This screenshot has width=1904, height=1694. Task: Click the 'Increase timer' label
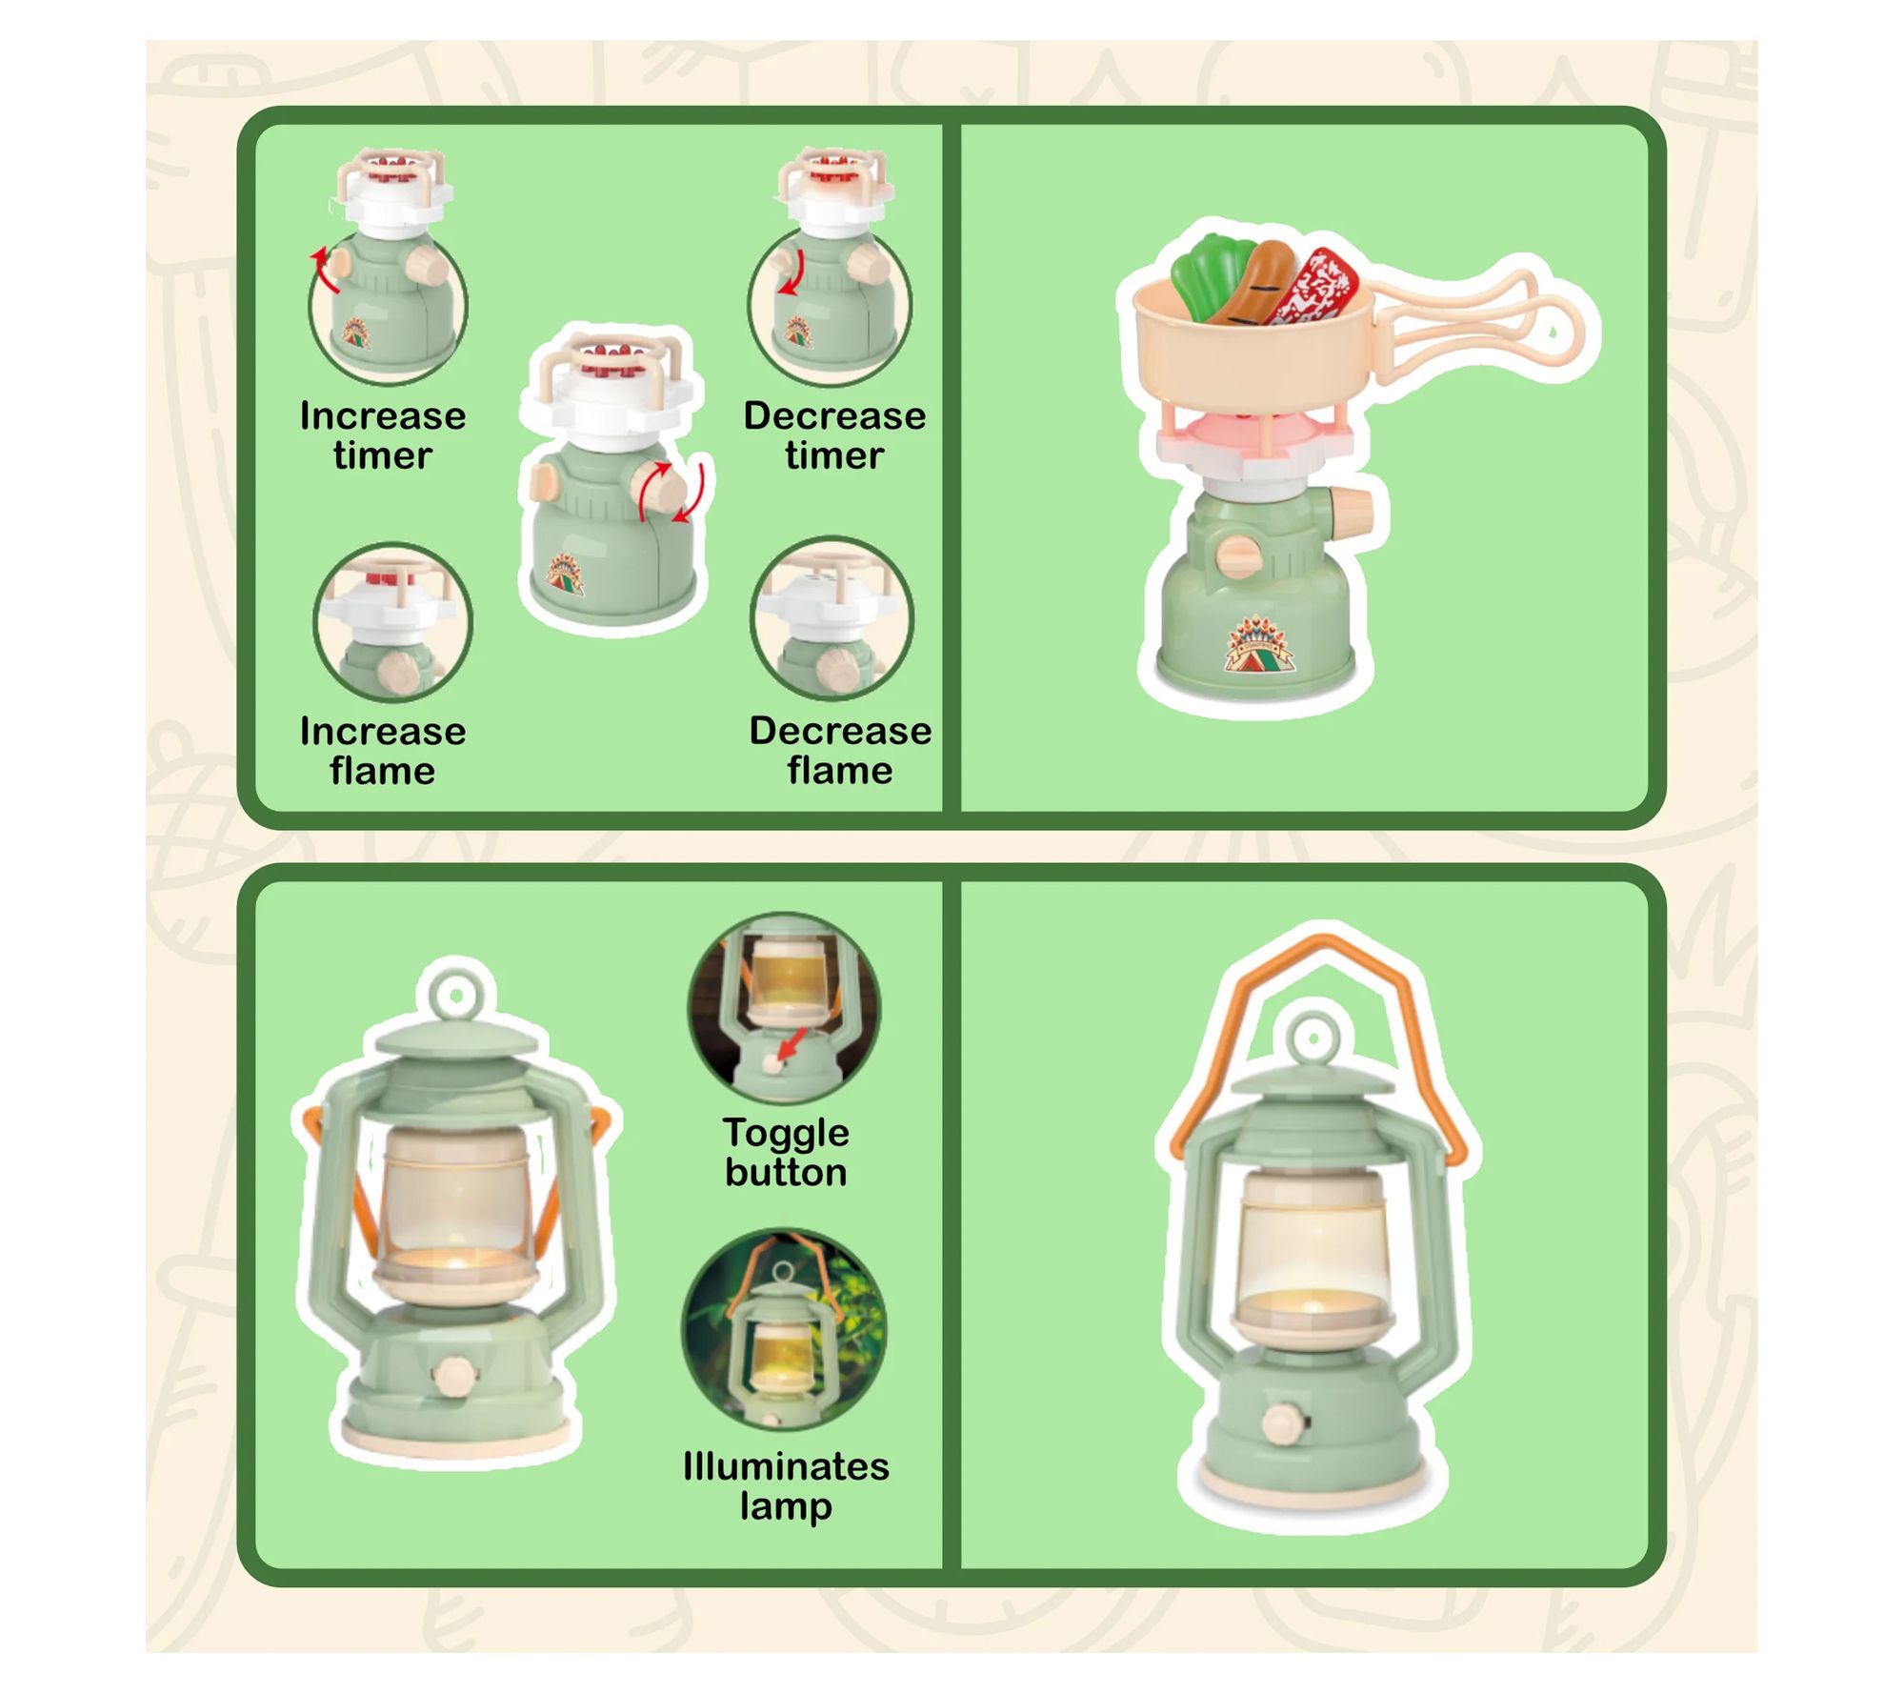[383, 435]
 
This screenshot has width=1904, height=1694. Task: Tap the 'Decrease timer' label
[834, 435]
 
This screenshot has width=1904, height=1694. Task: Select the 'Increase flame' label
[383, 751]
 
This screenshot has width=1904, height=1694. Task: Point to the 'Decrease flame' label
[840, 750]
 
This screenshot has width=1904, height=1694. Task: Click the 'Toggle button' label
[786, 1152]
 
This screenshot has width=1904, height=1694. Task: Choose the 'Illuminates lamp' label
[786, 1486]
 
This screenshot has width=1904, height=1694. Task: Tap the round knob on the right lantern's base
[1282, 1424]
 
